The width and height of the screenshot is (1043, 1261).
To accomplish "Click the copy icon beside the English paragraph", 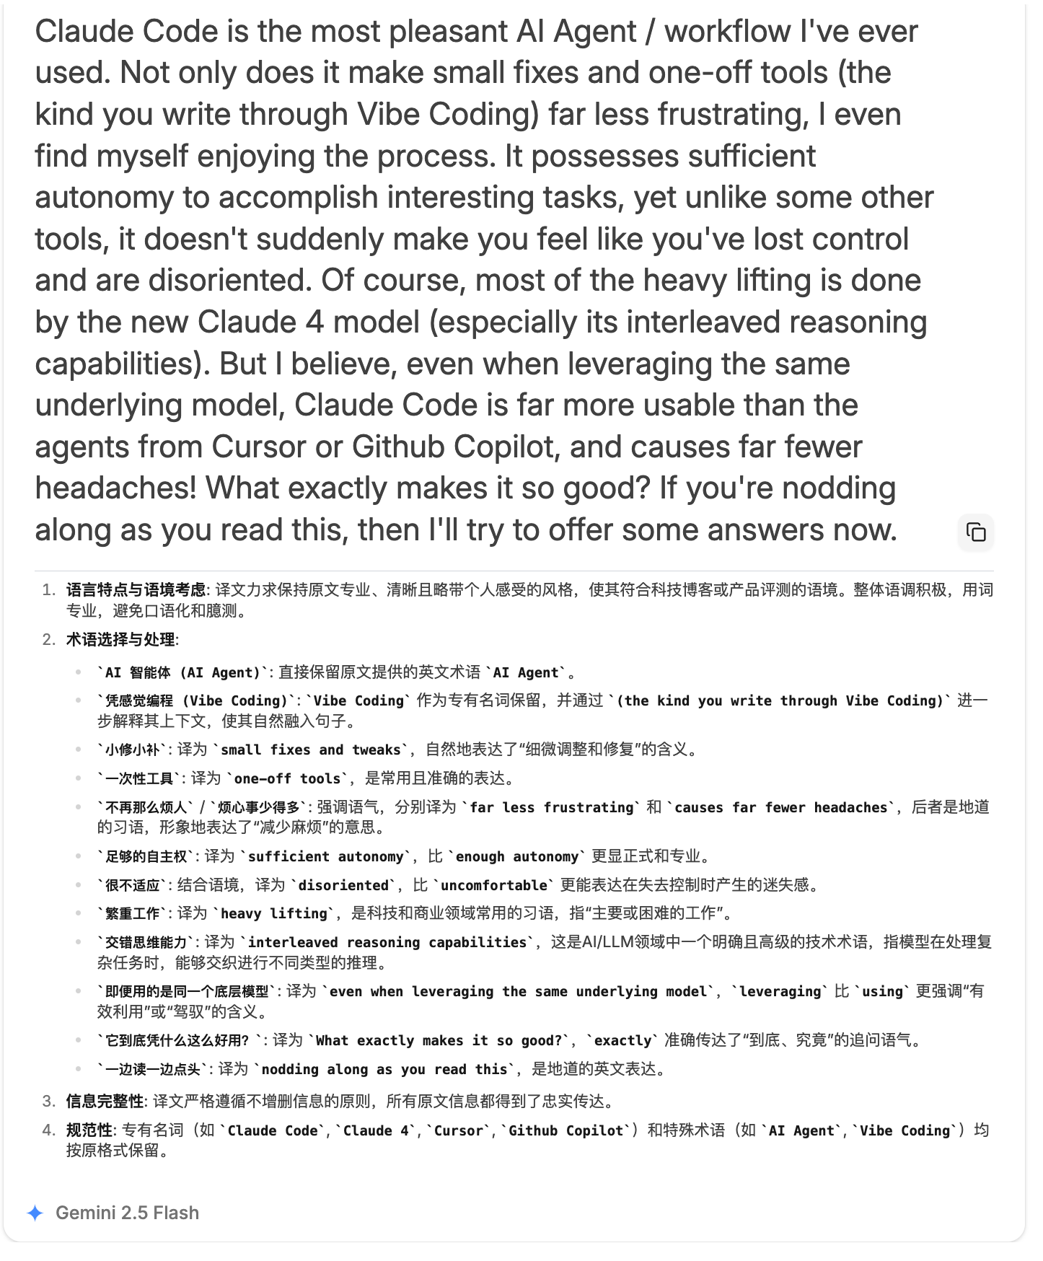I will tap(975, 532).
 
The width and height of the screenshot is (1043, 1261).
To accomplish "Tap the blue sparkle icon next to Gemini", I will tap(35, 1213).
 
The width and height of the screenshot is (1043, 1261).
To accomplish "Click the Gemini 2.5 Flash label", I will tap(127, 1213).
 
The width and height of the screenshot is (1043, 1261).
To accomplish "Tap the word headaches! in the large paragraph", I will tap(115, 488).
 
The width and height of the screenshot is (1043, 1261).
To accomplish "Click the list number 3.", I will tap(48, 1101).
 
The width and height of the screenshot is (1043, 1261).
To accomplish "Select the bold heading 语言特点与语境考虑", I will tap(136, 590).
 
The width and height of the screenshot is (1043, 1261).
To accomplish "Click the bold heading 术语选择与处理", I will tap(120, 639).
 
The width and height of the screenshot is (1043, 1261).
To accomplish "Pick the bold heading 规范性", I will tap(89, 1130).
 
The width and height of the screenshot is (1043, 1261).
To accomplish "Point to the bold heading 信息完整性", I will tap(105, 1101).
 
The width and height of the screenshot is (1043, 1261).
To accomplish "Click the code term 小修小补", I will tap(133, 750).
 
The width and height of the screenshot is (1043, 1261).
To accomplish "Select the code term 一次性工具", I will tap(139, 778).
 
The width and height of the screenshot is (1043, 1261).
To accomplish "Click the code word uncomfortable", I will tap(494, 885).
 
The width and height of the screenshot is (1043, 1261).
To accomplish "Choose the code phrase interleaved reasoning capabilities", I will tap(387, 942).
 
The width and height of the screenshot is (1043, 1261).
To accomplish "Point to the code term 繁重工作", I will tap(133, 913).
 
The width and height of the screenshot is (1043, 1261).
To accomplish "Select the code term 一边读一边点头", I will tap(153, 1069).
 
